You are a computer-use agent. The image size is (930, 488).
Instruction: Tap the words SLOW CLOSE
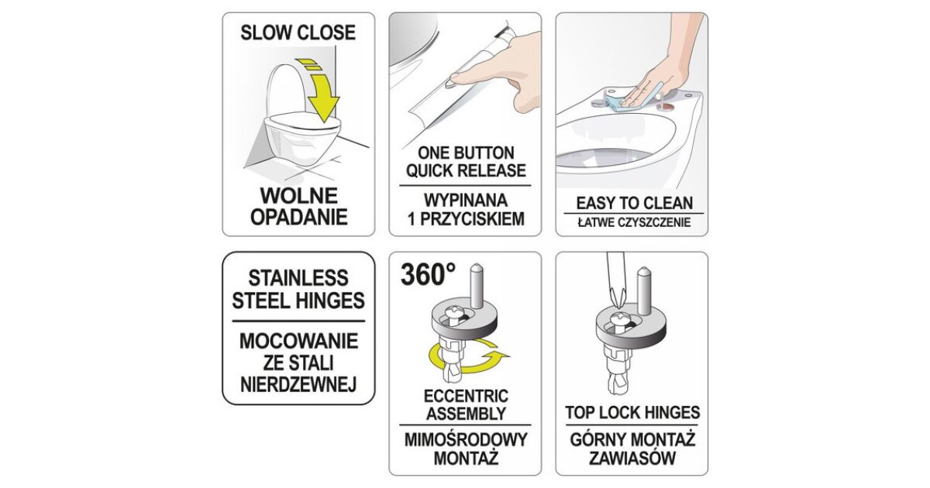pyautogui.click(x=298, y=33)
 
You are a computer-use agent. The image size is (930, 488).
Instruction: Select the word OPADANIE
pyautogui.click(x=299, y=217)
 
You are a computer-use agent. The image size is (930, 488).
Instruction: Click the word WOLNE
pyautogui.click(x=299, y=195)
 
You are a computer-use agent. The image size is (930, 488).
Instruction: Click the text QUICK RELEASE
pyautogui.click(x=466, y=170)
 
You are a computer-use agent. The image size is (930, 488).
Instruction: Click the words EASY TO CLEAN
pyautogui.click(x=635, y=203)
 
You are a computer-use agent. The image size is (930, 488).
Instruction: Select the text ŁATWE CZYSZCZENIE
pyautogui.click(x=635, y=222)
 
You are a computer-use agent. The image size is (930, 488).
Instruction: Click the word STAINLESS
pyautogui.click(x=298, y=278)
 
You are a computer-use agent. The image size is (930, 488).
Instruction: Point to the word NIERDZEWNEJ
pyautogui.click(x=298, y=384)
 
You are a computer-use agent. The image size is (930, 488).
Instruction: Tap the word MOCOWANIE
pyautogui.click(x=299, y=341)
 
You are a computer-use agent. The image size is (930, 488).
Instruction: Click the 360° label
pyautogui.click(x=428, y=275)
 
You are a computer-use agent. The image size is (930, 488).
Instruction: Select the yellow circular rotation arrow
pyautogui.click(x=468, y=356)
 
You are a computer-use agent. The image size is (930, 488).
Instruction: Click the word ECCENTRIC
pyautogui.click(x=466, y=396)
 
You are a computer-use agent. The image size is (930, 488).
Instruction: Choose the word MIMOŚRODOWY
pyautogui.click(x=466, y=440)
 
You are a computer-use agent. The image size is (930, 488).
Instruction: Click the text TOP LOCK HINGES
pyautogui.click(x=632, y=413)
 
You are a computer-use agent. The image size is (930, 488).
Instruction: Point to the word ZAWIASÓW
pyautogui.click(x=632, y=459)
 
